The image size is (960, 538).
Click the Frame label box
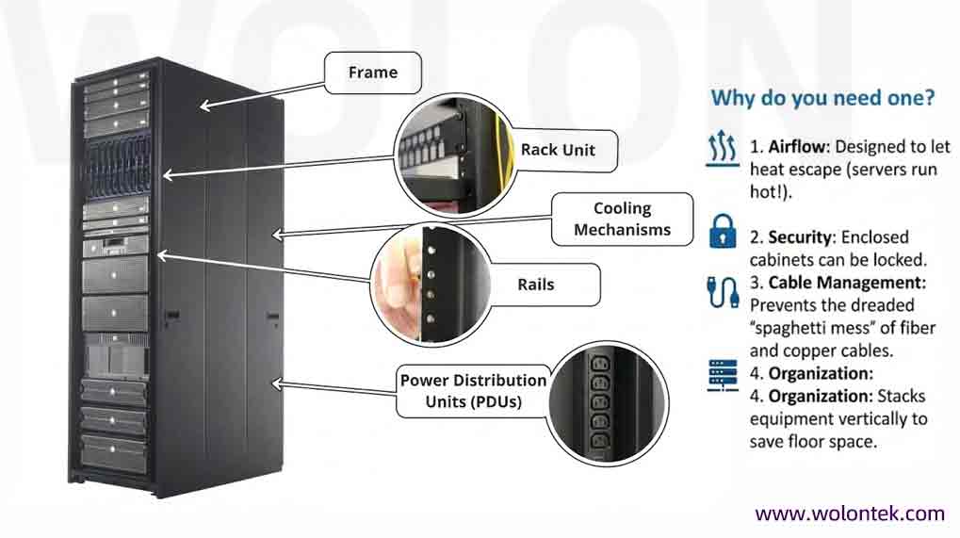[x=373, y=73]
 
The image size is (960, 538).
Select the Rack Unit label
[x=558, y=150]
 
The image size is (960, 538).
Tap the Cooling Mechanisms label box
[x=622, y=220]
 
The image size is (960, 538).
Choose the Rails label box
[x=535, y=285]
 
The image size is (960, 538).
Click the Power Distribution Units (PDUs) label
[x=473, y=391]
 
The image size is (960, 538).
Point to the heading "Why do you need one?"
[x=822, y=97]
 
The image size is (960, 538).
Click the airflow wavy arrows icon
[x=723, y=149]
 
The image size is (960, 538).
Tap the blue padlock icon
[x=723, y=230]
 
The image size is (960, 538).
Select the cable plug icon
[x=723, y=292]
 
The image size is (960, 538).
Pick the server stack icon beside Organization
[x=723, y=377]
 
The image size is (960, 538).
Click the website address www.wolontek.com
[x=849, y=514]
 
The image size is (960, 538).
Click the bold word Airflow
[x=797, y=148]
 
